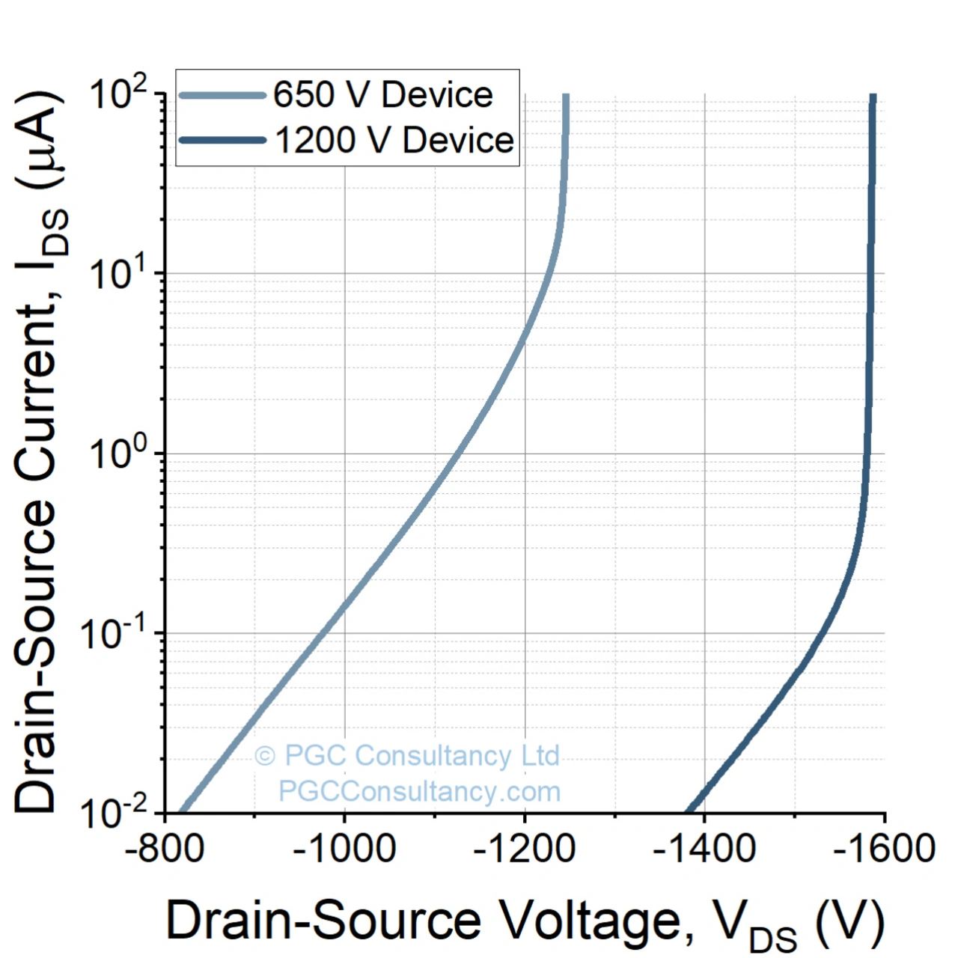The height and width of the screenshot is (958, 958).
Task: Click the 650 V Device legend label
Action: [x=382, y=95]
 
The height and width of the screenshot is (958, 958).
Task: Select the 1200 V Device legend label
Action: [x=394, y=140]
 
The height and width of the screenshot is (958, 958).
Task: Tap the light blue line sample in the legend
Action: [x=223, y=95]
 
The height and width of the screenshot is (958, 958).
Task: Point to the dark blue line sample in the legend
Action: [x=223, y=140]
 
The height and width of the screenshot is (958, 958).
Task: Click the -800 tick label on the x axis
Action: [x=164, y=849]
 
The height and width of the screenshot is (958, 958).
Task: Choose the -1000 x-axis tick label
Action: [x=344, y=849]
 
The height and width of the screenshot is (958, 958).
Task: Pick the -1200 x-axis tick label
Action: [x=524, y=849]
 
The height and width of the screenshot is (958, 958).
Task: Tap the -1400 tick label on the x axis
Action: [x=704, y=849]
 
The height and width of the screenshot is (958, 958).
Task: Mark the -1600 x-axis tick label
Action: [x=884, y=849]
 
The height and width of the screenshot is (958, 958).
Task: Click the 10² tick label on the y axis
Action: [x=120, y=94]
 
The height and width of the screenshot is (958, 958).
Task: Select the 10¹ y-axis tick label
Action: [x=120, y=274]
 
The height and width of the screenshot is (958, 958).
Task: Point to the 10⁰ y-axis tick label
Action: [x=120, y=454]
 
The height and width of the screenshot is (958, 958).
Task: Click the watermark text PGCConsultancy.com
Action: [x=419, y=791]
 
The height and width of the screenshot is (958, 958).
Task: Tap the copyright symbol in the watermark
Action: [x=264, y=756]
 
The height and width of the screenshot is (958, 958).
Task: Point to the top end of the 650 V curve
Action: [x=566, y=97]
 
